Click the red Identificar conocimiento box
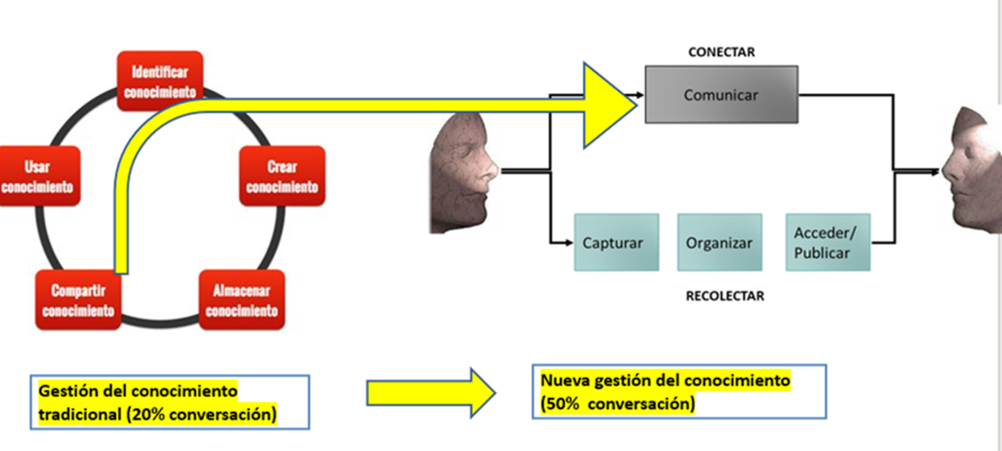coord(160,81)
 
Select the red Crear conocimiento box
coord(282,176)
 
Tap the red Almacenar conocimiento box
coord(241,300)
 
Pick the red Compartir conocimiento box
coord(78,300)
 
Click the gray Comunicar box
coord(721,95)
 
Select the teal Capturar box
coord(616,243)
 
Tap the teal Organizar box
coord(719,243)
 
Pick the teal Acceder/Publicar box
coord(828,243)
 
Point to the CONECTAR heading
coord(721,52)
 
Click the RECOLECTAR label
coord(724,296)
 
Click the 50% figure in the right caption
coord(560,404)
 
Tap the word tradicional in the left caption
coord(80,415)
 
